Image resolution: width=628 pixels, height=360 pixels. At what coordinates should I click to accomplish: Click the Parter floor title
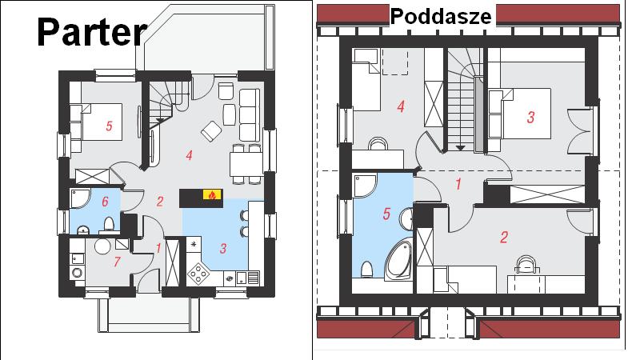pyautogui.click(x=92, y=32)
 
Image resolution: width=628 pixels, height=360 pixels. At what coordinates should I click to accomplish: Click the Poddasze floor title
pyautogui.click(x=441, y=17)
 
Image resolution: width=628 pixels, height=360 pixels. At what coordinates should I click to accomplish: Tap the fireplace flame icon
pyautogui.click(x=212, y=195)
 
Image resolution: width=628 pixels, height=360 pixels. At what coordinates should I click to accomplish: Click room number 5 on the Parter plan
pyautogui.click(x=109, y=126)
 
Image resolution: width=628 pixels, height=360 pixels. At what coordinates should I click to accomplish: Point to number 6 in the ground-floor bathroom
pyautogui.click(x=105, y=202)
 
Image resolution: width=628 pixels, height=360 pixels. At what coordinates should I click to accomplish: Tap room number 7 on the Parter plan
pyautogui.click(x=117, y=262)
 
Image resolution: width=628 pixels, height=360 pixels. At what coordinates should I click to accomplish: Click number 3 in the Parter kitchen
pyautogui.click(x=223, y=249)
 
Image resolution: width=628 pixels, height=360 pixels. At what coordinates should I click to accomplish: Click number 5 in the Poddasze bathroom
pyautogui.click(x=386, y=214)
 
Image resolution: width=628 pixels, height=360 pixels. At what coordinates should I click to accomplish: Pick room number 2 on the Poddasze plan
pyautogui.click(x=504, y=237)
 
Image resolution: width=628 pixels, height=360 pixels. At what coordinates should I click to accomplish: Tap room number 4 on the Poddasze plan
pyautogui.click(x=401, y=106)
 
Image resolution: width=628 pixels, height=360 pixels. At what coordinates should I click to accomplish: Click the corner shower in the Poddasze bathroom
pyautogui.click(x=365, y=186)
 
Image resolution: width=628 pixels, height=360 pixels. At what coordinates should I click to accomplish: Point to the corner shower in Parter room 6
pyautogui.click(x=79, y=198)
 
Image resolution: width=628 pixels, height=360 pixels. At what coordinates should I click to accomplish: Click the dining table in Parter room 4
pyautogui.click(x=246, y=164)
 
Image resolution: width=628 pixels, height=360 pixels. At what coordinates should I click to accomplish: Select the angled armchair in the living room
pyautogui.click(x=211, y=131)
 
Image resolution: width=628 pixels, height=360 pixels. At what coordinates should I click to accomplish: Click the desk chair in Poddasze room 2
pyautogui.click(x=526, y=264)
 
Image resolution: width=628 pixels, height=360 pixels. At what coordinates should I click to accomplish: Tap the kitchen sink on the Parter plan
pyautogui.click(x=242, y=277)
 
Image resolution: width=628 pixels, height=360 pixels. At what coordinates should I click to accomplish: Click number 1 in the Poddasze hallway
pyautogui.click(x=458, y=184)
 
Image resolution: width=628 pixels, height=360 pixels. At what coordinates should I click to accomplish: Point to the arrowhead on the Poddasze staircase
pyautogui.click(x=461, y=148)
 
